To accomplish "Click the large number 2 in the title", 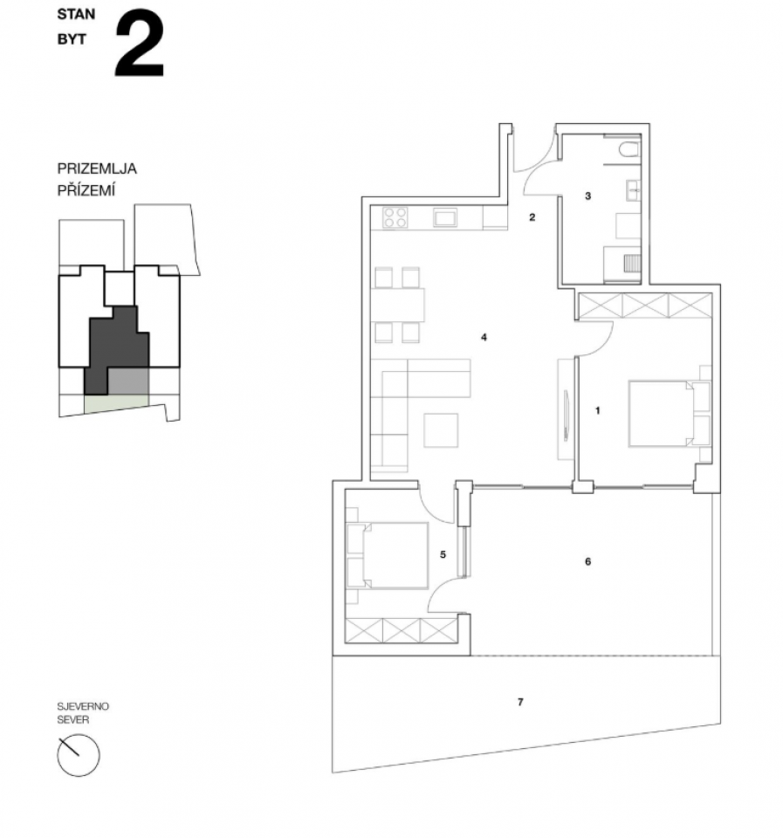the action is coord(139,44).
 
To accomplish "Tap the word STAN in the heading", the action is coord(76,15).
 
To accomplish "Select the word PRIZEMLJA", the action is coord(97,168).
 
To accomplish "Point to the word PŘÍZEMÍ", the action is coord(86,190).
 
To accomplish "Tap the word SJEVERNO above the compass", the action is coord(83,706).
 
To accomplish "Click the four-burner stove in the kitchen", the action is coord(395,218).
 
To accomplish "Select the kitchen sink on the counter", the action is coord(444,218).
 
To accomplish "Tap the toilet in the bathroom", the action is coord(629,148).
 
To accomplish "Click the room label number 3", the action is coord(588,196).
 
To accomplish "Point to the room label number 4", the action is coord(484,337).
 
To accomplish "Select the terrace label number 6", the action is coord(588,561).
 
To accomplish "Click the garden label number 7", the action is coord(520,702).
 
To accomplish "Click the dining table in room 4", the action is coord(398,306).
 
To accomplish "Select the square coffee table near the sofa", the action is coord(441,430).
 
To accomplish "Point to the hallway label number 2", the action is coord(532,217).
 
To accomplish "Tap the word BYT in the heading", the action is coord(72,39).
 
